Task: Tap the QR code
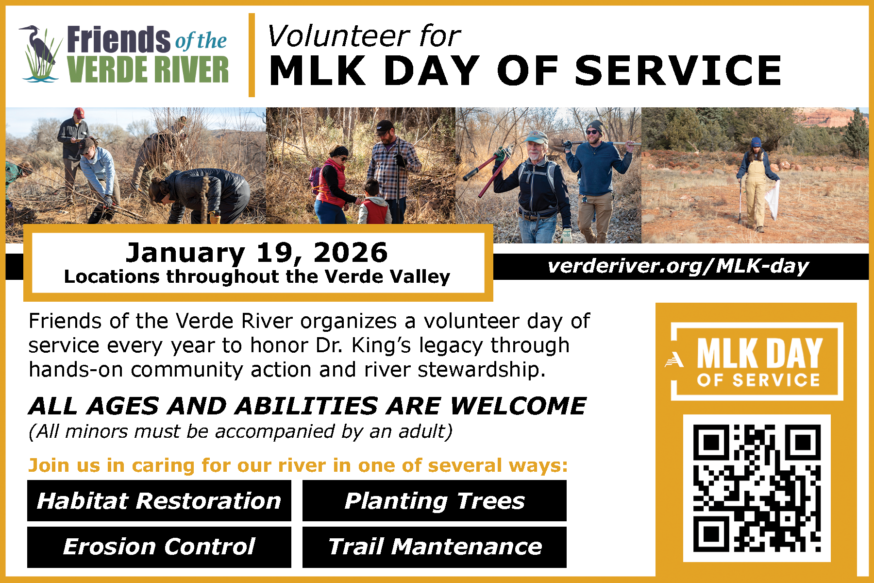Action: [x=756, y=488]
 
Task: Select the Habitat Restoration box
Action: [x=159, y=501]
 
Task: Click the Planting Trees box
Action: [x=435, y=501]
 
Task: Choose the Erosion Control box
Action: [x=159, y=547]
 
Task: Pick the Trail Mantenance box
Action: [x=435, y=547]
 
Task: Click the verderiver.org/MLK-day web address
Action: [x=678, y=266]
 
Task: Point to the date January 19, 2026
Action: [x=256, y=253]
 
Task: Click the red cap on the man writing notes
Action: [x=79, y=113]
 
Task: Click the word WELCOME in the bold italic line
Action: [x=518, y=406]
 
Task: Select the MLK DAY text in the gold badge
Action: [x=759, y=353]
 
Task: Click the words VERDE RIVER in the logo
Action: [x=148, y=70]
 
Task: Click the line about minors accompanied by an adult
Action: [x=240, y=431]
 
